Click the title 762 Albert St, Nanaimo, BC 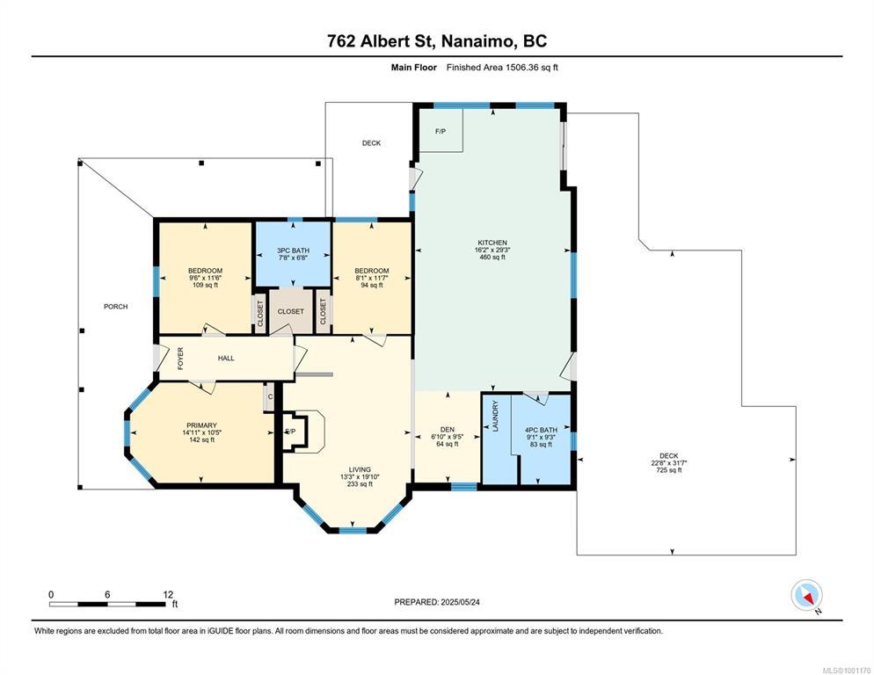point(437,41)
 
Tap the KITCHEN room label point(492,243)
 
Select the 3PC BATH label point(293,250)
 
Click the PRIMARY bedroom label point(201,425)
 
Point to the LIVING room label point(360,469)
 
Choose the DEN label point(447,429)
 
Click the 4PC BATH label point(541,430)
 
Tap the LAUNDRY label point(496,416)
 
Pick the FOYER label point(180,359)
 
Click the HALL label point(226,359)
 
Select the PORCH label point(115,307)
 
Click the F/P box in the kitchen point(441,130)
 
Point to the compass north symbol point(806,596)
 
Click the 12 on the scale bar point(168,595)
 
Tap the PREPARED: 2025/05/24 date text point(437,602)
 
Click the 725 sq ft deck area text point(669,470)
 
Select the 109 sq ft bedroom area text point(205,285)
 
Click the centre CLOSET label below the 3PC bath point(291,312)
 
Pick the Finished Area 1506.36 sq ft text point(502,68)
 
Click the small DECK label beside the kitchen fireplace point(371,143)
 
